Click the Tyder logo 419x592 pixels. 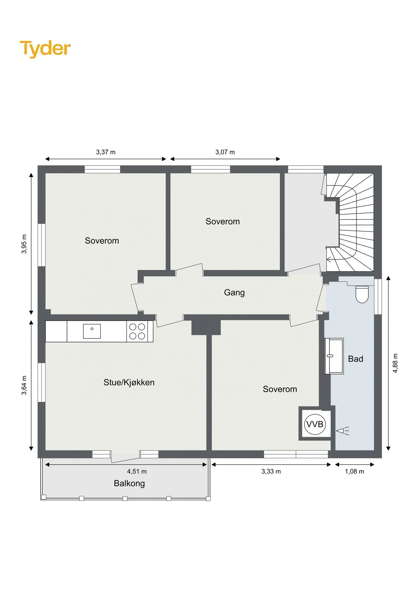tap(45, 49)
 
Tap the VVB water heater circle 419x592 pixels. tap(315, 424)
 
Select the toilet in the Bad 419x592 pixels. tap(362, 294)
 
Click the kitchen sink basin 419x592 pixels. tap(92, 331)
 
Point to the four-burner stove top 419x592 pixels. tap(137, 331)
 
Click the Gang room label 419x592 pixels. tap(234, 293)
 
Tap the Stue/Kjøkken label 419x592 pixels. tap(129, 382)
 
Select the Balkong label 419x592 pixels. tap(129, 483)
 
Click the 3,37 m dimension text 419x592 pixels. tap(106, 152)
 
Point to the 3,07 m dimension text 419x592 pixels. tap(225, 152)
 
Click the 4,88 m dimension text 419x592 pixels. tap(395, 363)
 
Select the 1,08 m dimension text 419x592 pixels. tap(354, 471)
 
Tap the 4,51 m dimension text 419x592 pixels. tap(137, 471)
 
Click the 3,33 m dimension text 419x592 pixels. tap(271, 471)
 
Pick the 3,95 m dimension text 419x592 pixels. tap(24, 244)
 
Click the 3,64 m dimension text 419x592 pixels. tap(24, 385)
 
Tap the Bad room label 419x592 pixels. tap(355, 359)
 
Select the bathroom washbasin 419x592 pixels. tap(334, 356)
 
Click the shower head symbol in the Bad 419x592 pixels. tap(342, 431)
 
